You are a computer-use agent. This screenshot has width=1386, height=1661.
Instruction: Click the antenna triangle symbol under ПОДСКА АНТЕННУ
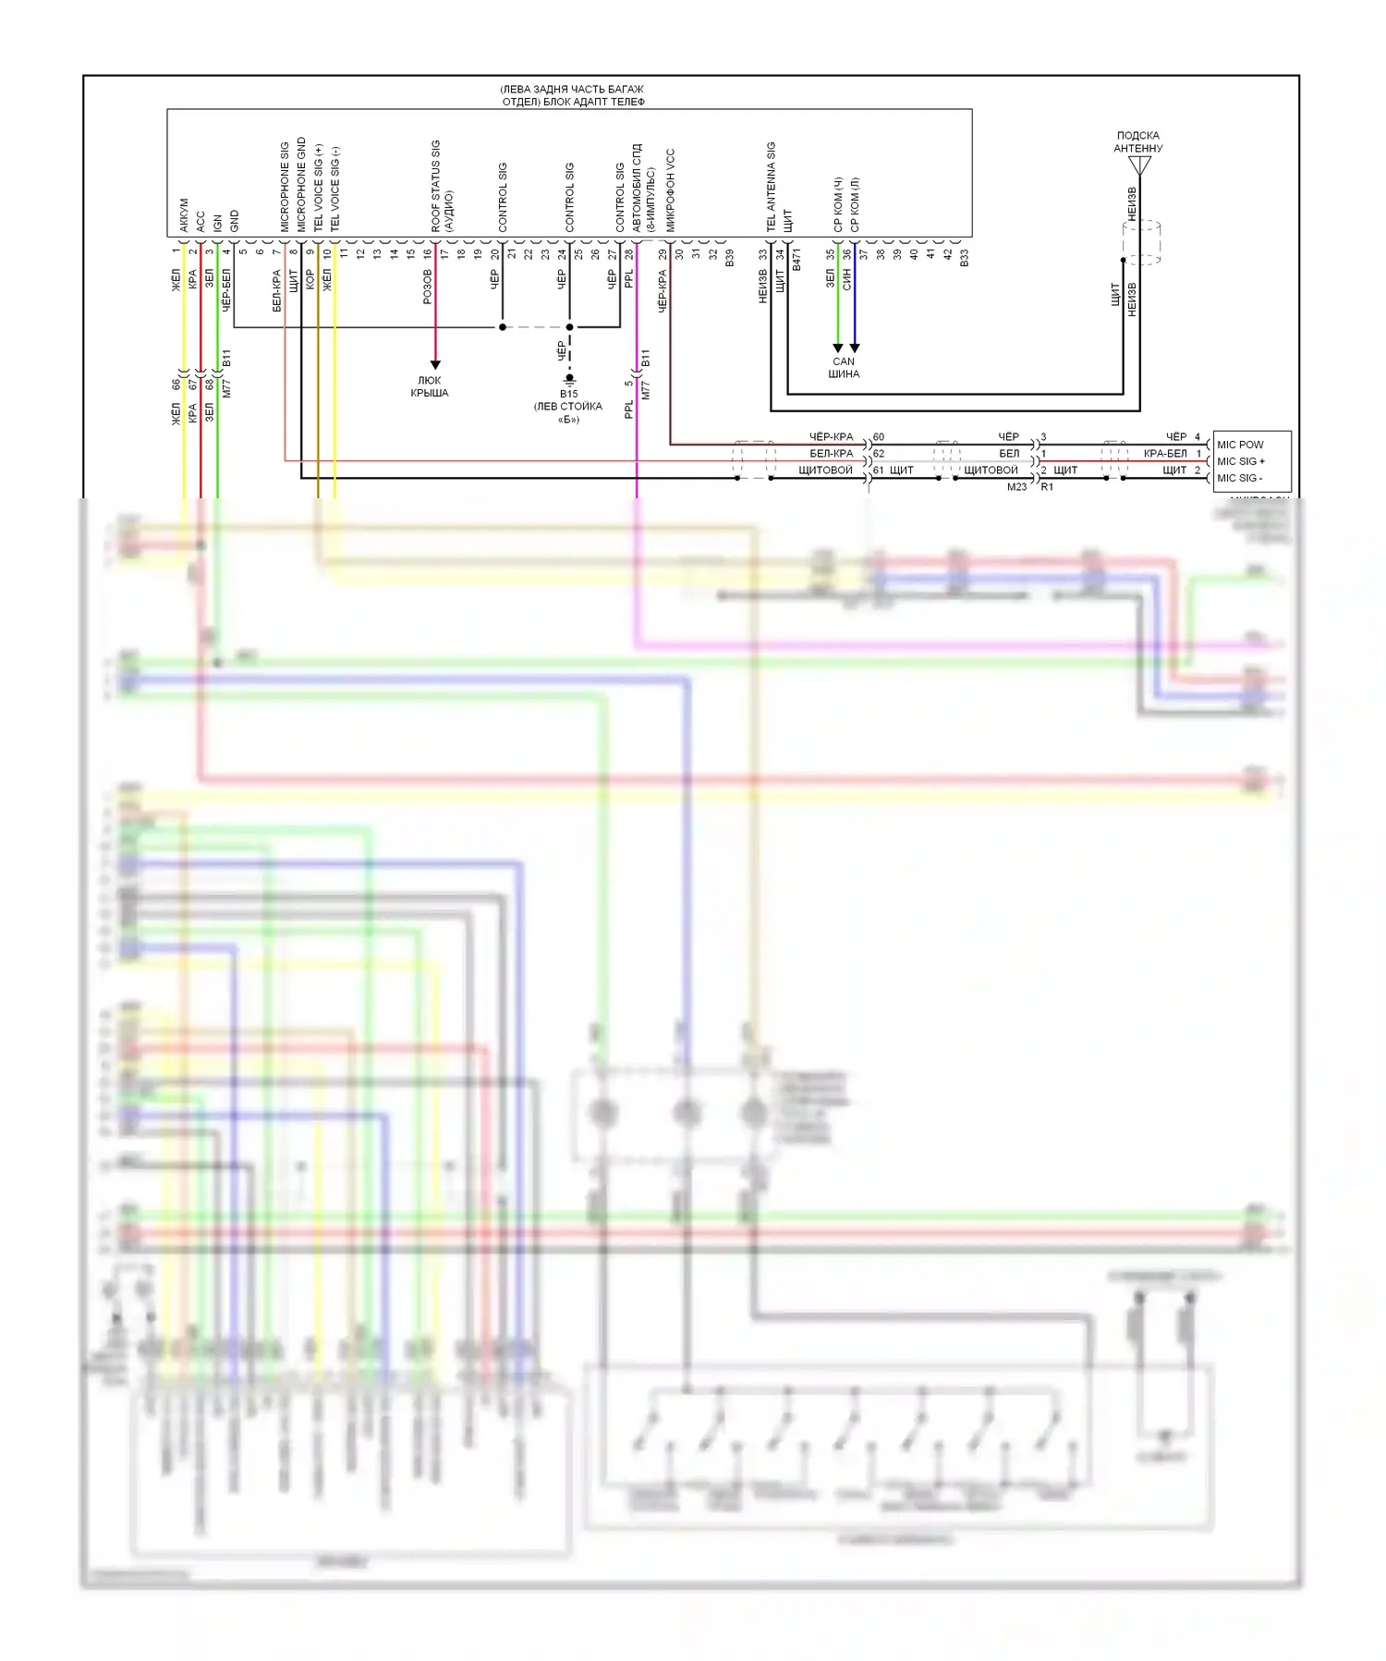(x=1139, y=166)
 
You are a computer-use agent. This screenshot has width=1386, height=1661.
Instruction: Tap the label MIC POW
(x=1239, y=445)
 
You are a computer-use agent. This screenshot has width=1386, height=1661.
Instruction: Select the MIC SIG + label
(x=1240, y=461)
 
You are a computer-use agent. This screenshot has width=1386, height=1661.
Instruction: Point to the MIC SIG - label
(x=1238, y=478)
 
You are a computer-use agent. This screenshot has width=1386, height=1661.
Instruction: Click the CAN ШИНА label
(x=844, y=368)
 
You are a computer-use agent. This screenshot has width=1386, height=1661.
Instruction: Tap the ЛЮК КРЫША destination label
(x=430, y=386)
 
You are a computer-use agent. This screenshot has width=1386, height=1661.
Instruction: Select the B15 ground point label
(x=568, y=394)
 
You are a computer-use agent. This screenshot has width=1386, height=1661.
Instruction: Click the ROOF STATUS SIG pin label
(x=435, y=186)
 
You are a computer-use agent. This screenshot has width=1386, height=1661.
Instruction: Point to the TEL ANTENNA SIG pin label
(x=771, y=187)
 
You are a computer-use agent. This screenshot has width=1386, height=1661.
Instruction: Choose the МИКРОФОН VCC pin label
(x=670, y=189)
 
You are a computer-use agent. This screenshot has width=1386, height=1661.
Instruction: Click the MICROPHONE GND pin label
(x=301, y=185)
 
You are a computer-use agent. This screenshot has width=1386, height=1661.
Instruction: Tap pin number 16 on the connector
(x=428, y=252)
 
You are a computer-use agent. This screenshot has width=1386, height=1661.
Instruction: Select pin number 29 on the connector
(x=663, y=253)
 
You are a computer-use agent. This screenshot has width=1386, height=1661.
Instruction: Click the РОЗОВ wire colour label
(x=427, y=287)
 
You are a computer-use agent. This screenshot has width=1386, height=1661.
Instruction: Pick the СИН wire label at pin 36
(x=846, y=280)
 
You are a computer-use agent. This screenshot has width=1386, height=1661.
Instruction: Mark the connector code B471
(x=796, y=259)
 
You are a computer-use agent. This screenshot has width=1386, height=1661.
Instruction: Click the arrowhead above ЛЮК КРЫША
(x=435, y=365)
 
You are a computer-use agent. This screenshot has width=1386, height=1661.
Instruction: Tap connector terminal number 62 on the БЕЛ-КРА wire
(x=878, y=453)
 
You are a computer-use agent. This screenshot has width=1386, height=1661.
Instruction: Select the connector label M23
(x=1016, y=487)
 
